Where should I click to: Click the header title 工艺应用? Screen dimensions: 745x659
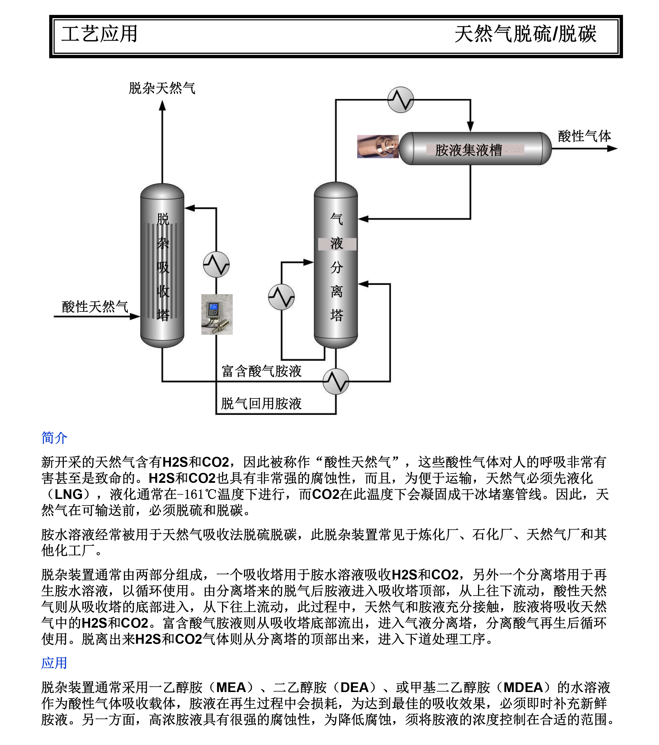coord(99,34)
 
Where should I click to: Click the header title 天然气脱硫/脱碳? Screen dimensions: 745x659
coord(525,34)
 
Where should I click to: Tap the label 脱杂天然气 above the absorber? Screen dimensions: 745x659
coord(162,88)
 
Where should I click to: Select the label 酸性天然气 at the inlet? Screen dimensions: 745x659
coord(95,307)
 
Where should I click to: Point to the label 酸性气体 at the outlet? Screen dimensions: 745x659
coord(584,136)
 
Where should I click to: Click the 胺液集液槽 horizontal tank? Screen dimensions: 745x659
coord(475,149)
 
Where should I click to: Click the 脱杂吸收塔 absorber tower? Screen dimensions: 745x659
coord(162,266)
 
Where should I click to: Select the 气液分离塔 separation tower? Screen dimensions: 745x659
coord(336,266)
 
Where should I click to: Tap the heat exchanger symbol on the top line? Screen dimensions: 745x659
coord(400,99)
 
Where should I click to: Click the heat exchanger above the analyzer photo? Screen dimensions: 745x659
coord(216,264)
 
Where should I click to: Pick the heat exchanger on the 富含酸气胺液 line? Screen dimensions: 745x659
coord(336,381)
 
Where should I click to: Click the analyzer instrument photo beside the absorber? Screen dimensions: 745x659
coord(217,314)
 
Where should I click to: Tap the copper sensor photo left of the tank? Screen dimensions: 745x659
coord(378,147)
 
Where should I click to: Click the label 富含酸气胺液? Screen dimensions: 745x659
coord(261,371)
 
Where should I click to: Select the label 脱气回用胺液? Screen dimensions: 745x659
coord(261,404)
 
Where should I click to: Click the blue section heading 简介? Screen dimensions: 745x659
coord(54,438)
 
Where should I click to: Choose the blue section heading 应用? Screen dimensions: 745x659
coord(54,663)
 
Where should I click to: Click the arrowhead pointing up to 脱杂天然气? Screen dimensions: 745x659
coord(162,106)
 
